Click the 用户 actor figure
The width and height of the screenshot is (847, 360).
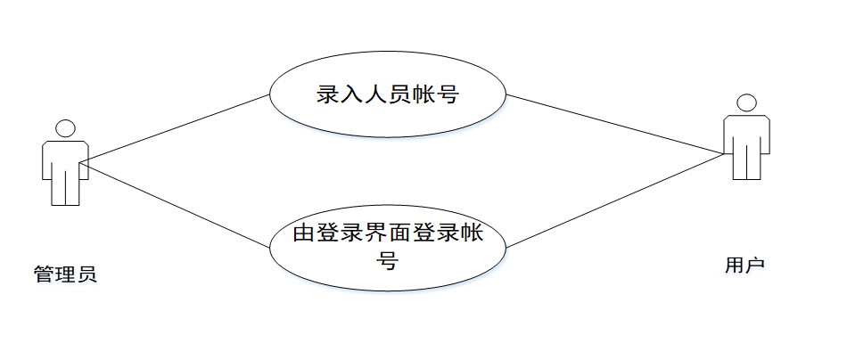[744, 143]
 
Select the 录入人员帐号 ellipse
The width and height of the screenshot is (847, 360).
[388, 94]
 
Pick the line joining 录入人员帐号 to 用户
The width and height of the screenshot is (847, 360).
[615, 124]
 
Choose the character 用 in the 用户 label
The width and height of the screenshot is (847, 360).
[734, 265]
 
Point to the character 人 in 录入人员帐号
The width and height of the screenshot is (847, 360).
[376, 94]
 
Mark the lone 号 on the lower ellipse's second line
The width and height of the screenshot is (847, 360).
[388, 261]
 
